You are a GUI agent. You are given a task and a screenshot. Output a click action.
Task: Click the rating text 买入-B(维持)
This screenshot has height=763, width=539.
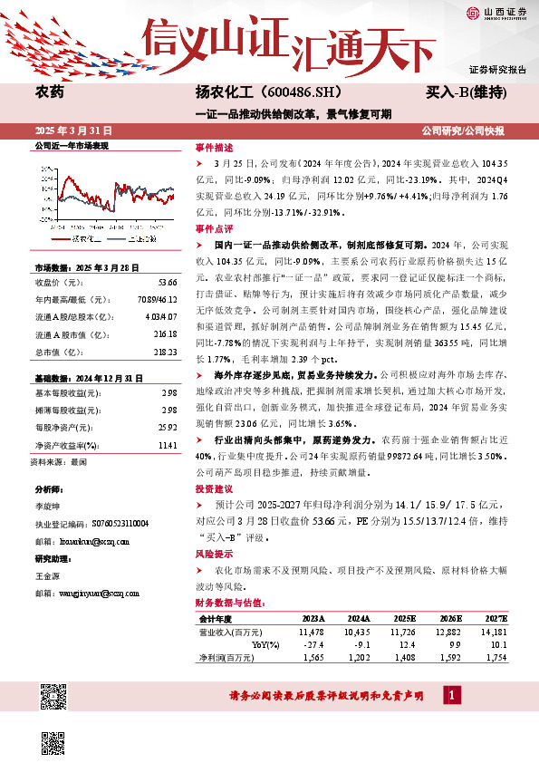tap(466, 92)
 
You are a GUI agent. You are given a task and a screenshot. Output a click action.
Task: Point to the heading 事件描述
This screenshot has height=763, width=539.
tap(215, 147)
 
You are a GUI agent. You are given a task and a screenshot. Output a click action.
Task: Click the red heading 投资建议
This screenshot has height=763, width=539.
tap(215, 488)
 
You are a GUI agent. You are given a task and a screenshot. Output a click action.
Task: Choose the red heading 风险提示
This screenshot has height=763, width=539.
tap(215, 553)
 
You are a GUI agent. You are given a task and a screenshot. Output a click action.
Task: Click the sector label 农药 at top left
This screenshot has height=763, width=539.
tap(49, 92)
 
